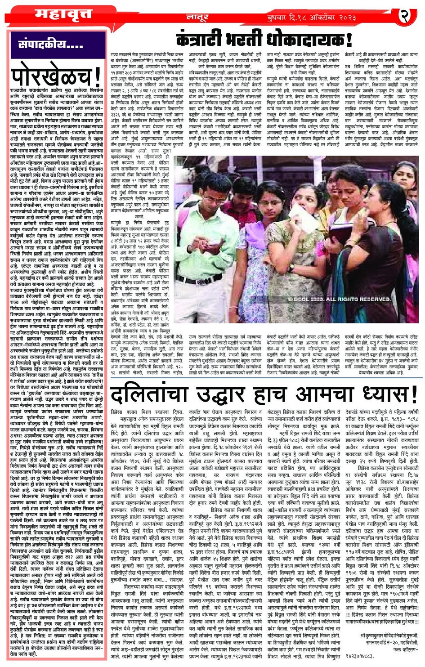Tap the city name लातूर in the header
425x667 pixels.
tap(197, 18)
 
